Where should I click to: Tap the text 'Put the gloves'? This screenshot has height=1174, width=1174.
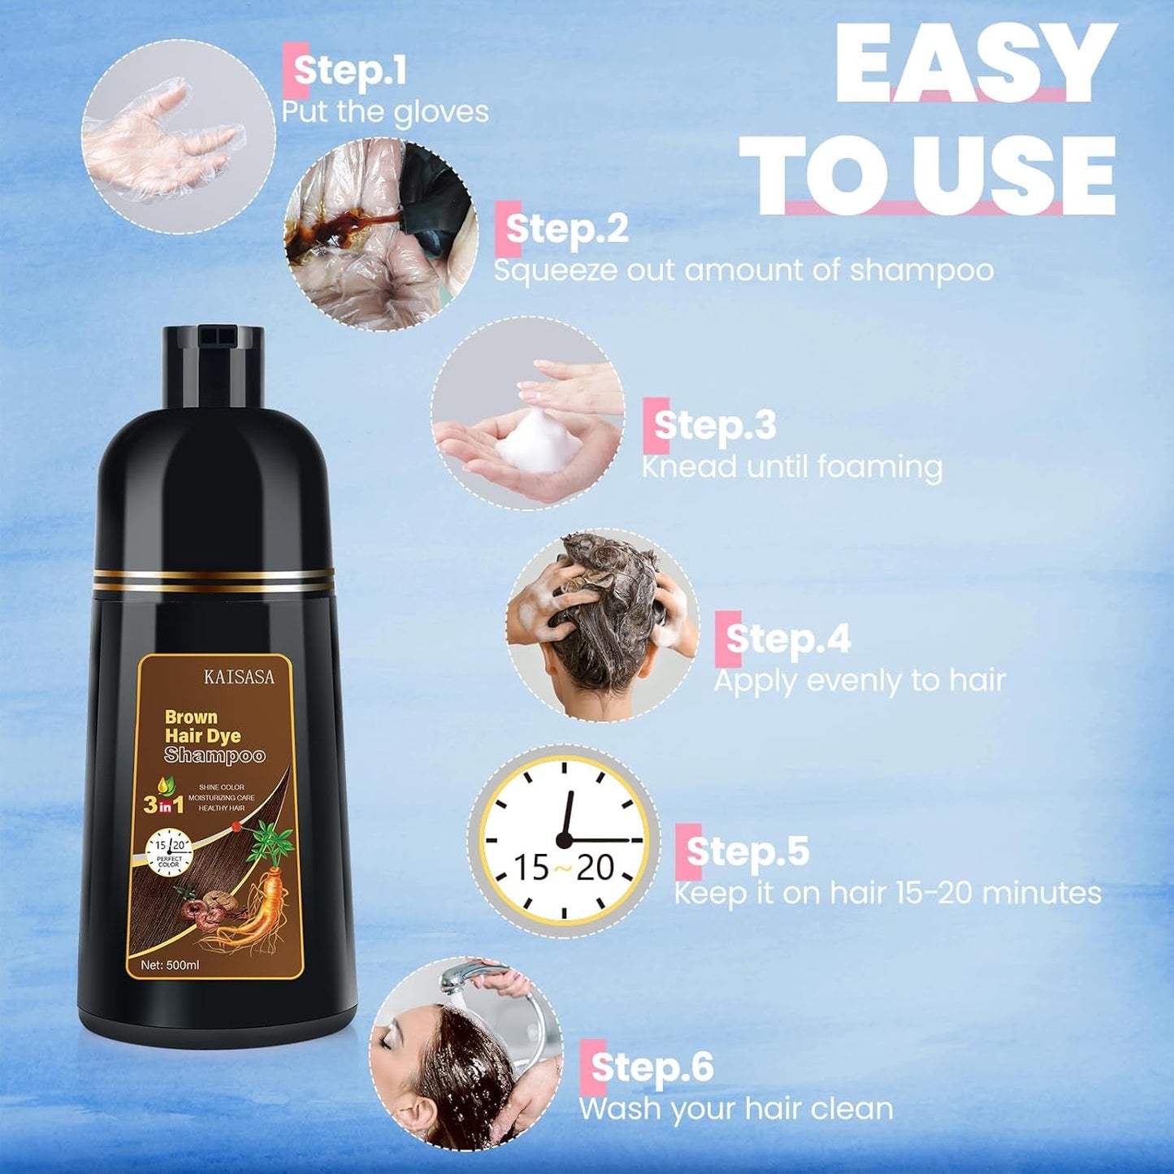[x=385, y=112]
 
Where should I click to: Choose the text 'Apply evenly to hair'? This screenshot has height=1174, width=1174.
[x=860, y=681]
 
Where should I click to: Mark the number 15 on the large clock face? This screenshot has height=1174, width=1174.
[x=531, y=868]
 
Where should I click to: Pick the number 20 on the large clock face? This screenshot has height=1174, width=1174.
[x=596, y=868]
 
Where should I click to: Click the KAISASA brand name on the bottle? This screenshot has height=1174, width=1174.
[x=239, y=677]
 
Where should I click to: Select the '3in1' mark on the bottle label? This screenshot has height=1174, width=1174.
[x=163, y=804]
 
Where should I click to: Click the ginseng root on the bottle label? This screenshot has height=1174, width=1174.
[x=258, y=902]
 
